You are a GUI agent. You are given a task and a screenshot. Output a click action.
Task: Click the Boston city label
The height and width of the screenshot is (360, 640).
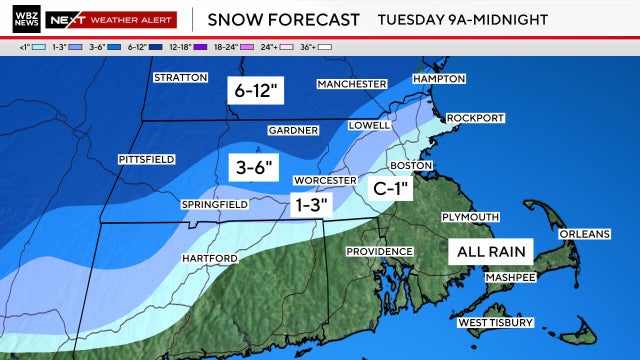pyautogui.click(x=410, y=165)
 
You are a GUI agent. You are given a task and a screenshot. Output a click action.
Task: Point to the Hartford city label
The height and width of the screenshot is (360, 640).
pyautogui.click(x=209, y=258)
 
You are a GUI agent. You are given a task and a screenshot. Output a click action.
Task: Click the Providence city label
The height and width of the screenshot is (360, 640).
pyautogui.click(x=380, y=251)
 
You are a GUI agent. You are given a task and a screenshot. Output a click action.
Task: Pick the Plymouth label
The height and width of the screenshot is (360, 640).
pyautogui.click(x=470, y=217)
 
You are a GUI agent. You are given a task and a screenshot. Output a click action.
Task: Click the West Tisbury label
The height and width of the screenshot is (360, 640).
pyautogui.click(x=495, y=322)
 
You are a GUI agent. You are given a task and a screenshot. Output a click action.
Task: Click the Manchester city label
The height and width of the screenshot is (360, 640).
pyautogui.click(x=351, y=84)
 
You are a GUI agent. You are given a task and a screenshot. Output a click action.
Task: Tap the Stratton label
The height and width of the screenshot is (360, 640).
pyautogui.click(x=180, y=77)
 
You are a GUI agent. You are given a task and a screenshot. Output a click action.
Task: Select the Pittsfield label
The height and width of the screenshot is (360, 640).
pyautogui.click(x=146, y=159)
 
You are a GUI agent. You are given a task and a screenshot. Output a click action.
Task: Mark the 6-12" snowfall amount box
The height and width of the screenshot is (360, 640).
pyautogui.click(x=256, y=90)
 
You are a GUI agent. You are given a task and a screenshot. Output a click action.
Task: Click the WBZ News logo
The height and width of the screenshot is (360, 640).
pyautogui.click(x=29, y=19)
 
